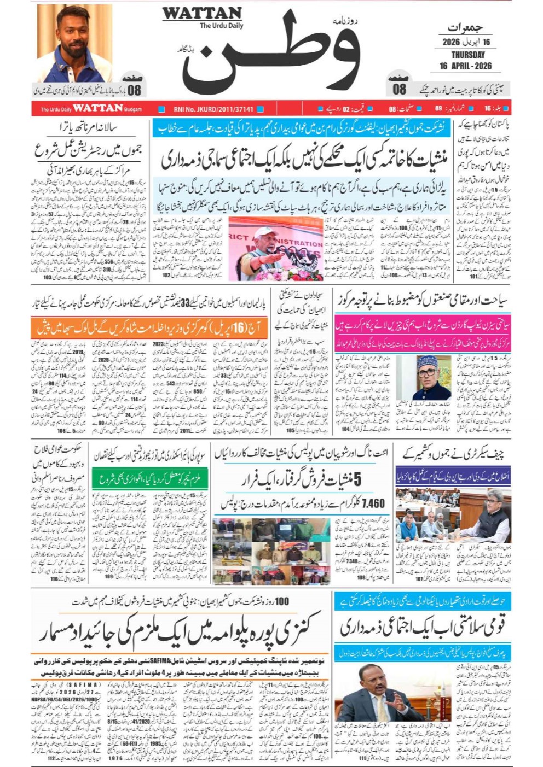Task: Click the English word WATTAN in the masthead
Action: (202, 13)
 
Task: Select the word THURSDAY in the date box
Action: (467, 55)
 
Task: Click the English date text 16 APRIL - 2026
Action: (465, 66)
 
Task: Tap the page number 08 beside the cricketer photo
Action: (134, 89)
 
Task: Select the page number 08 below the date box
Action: (399, 89)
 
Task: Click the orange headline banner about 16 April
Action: (150, 329)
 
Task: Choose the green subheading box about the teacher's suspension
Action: (150, 479)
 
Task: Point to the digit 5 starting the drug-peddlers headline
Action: (356, 479)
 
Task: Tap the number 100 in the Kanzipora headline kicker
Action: (281, 601)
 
